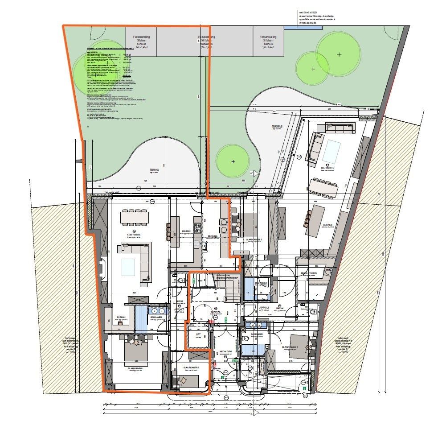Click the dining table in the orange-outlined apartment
point(137,217)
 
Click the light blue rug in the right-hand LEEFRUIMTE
point(331,151)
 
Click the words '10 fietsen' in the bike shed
point(207,41)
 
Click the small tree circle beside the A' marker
point(233,161)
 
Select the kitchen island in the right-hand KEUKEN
point(308,219)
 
